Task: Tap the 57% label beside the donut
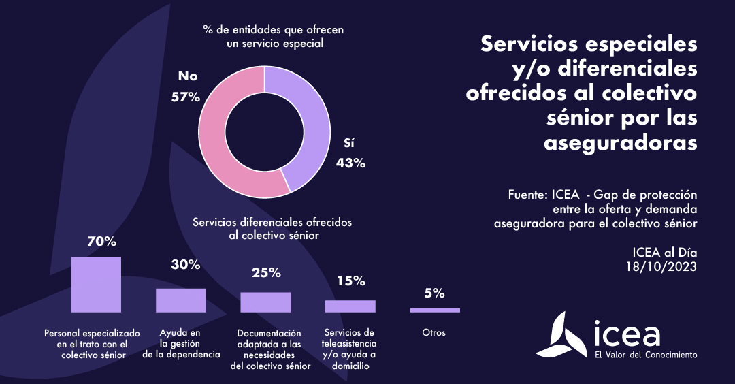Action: pyautogui.click(x=186, y=97)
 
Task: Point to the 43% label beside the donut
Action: pyautogui.click(x=351, y=163)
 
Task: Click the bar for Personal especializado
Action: pyautogui.click(x=96, y=284)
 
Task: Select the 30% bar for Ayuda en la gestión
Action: pyautogui.click(x=180, y=300)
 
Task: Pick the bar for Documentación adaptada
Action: pyautogui.click(x=265, y=302)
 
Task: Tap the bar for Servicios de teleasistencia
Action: pyautogui.click(x=350, y=306)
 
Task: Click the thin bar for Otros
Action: pyautogui.click(x=435, y=310)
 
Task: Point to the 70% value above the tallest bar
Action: pyautogui.click(x=102, y=241)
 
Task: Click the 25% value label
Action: pyautogui.click(x=266, y=273)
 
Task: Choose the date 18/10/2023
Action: pyautogui.click(x=661, y=266)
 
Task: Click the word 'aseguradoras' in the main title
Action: pyautogui.click(x=621, y=143)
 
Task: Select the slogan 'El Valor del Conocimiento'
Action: pyautogui.click(x=645, y=355)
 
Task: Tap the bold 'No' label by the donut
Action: pyautogui.click(x=187, y=76)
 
